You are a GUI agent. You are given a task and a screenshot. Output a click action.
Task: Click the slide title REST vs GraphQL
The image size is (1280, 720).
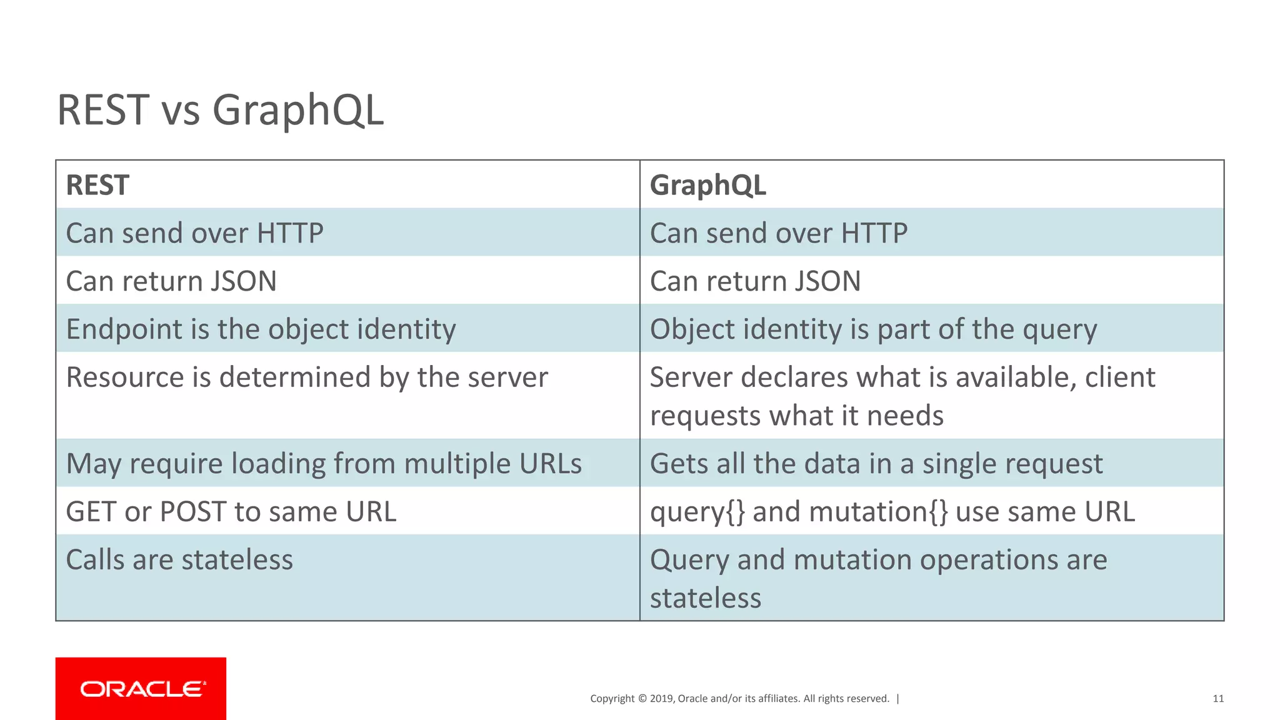pyautogui.click(x=220, y=110)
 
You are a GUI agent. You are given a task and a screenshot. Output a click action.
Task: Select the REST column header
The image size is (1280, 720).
pyautogui.click(x=97, y=186)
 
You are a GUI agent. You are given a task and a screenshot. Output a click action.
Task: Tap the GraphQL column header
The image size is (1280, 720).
pyautogui.click(x=707, y=186)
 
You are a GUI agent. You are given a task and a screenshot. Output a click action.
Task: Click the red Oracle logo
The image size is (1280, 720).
pyautogui.click(x=141, y=688)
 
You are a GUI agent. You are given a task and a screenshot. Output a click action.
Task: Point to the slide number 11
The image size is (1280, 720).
pyautogui.click(x=1217, y=699)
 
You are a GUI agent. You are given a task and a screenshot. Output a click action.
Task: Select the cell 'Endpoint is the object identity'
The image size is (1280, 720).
pyautogui.click(x=261, y=329)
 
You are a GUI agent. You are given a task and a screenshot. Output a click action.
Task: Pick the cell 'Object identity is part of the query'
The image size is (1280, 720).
pyautogui.click(x=873, y=329)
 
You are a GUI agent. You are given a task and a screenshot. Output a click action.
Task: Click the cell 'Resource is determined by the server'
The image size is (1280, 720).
pyautogui.click(x=307, y=377)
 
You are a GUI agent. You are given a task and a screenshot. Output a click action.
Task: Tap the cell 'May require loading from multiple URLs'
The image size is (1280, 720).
pyautogui.click(x=324, y=464)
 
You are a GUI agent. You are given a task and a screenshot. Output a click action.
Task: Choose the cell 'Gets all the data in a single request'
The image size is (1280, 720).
pyautogui.click(x=876, y=464)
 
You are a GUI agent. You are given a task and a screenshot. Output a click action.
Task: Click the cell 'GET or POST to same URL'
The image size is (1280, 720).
pyautogui.click(x=231, y=512)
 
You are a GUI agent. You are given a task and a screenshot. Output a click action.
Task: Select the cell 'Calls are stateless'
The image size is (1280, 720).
pyautogui.click(x=179, y=560)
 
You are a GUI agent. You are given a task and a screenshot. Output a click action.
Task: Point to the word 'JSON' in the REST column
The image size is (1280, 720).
pyautogui.click(x=243, y=281)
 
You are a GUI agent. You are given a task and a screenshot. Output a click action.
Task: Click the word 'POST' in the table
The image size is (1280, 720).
pyautogui.click(x=192, y=512)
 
